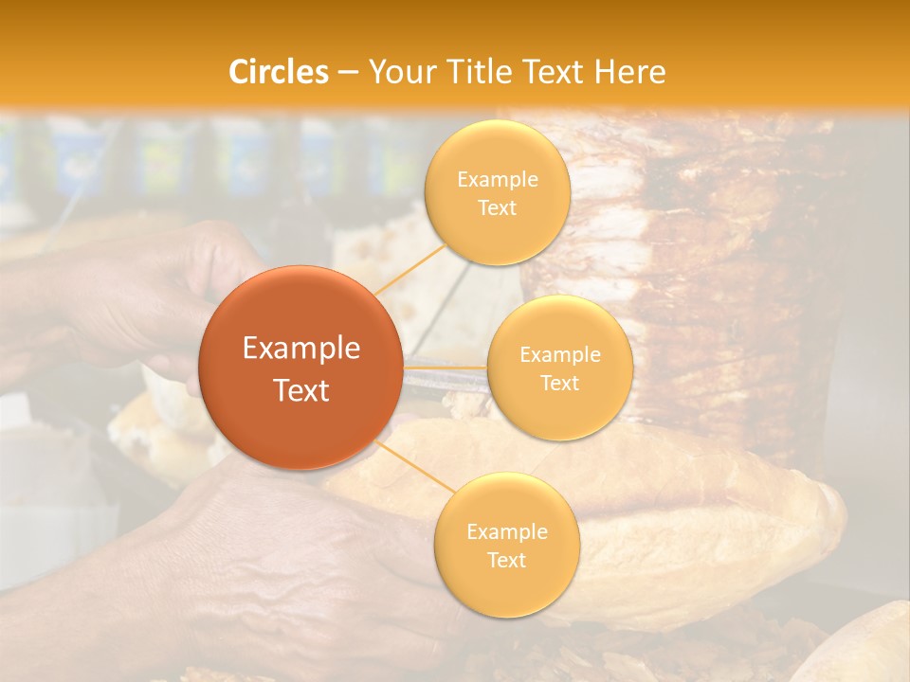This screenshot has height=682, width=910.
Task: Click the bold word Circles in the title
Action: pyautogui.click(x=279, y=72)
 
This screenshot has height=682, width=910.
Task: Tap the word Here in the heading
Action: pyautogui.click(x=630, y=72)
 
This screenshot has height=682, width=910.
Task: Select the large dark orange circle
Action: pyautogui.click(x=300, y=367)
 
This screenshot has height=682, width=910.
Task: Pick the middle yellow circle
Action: pyautogui.click(x=559, y=368)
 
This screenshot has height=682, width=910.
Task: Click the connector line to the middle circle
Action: pyautogui.click(x=445, y=367)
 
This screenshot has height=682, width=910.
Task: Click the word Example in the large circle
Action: pyautogui.click(x=300, y=348)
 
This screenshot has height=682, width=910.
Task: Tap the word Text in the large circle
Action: pyautogui.click(x=300, y=390)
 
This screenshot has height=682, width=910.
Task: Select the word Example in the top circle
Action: pyautogui.click(x=497, y=179)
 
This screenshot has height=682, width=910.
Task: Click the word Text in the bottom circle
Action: pyautogui.click(x=506, y=560)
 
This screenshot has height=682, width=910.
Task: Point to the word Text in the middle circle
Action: pyautogui.click(x=559, y=383)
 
